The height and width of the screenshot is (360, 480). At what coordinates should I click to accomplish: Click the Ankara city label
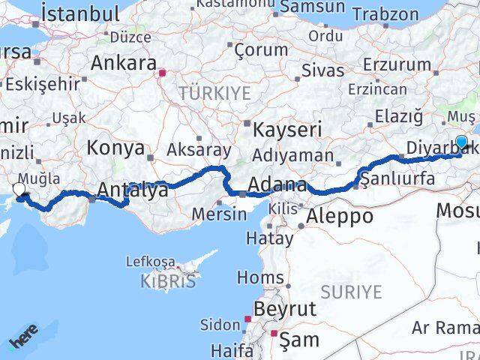[123, 63]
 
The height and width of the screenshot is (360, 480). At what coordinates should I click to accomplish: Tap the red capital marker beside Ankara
[161, 73]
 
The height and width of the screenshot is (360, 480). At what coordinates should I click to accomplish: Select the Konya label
[115, 148]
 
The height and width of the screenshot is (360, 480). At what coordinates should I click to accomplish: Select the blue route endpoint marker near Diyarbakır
[461, 142]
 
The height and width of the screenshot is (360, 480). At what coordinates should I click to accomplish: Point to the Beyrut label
[285, 309]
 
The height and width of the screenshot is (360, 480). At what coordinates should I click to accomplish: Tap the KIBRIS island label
[168, 281]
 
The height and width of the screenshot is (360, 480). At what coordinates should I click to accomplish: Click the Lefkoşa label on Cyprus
[151, 262]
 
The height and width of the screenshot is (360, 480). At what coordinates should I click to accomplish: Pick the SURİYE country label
[351, 292]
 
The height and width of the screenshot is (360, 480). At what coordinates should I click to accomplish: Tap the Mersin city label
[219, 213]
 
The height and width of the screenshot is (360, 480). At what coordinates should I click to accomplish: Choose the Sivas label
[322, 70]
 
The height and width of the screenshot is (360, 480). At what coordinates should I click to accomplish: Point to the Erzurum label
[397, 64]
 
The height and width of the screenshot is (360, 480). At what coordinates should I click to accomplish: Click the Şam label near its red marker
[298, 340]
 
